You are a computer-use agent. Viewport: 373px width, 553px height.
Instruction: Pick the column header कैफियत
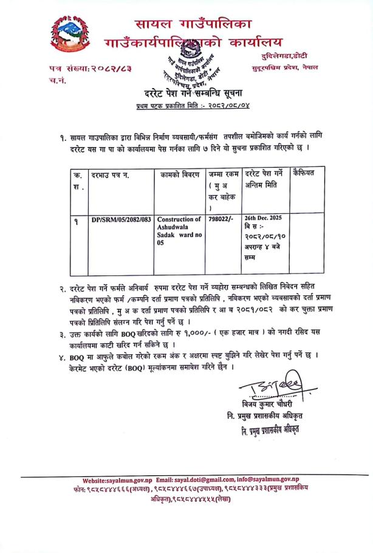click(306, 174)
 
